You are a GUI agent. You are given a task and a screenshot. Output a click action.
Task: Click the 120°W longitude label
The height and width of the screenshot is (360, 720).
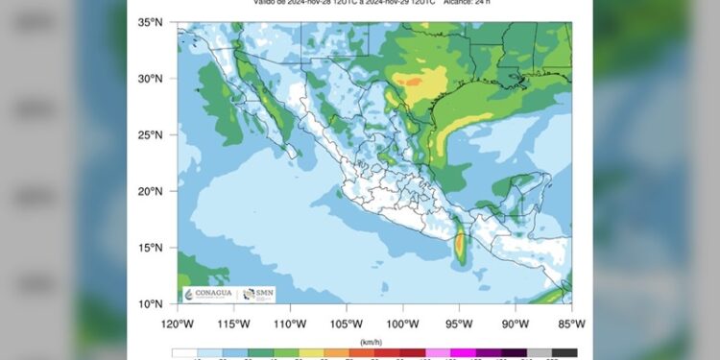pyautogui.click(x=178, y=323)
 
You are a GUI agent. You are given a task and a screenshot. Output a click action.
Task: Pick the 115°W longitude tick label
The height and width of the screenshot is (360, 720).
pyautogui.click(x=233, y=323)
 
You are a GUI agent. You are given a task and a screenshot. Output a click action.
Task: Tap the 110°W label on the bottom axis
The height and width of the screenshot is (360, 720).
pyautogui.click(x=290, y=323)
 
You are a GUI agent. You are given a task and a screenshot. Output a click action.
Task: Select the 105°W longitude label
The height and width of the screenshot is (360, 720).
pyautogui.click(x=347, y=323)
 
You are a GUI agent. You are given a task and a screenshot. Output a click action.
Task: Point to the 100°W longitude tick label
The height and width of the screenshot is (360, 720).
pyautogui.click(x=403, y=323)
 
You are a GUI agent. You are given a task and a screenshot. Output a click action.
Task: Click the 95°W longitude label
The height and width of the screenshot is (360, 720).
pyautogui.click(x=460, y=323)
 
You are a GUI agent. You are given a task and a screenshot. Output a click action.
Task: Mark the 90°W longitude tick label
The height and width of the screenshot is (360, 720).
pyautogui.click(x=516, y=323)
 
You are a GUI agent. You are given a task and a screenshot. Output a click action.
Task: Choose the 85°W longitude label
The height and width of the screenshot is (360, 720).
pyautogui.click(x=570, y=323)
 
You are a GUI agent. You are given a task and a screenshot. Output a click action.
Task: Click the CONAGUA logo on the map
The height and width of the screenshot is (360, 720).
pyautogui.click(x=209, y=294)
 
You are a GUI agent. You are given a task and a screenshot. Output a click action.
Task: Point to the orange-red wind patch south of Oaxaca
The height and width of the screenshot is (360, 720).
pyautogui.click(x=460, y=247)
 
